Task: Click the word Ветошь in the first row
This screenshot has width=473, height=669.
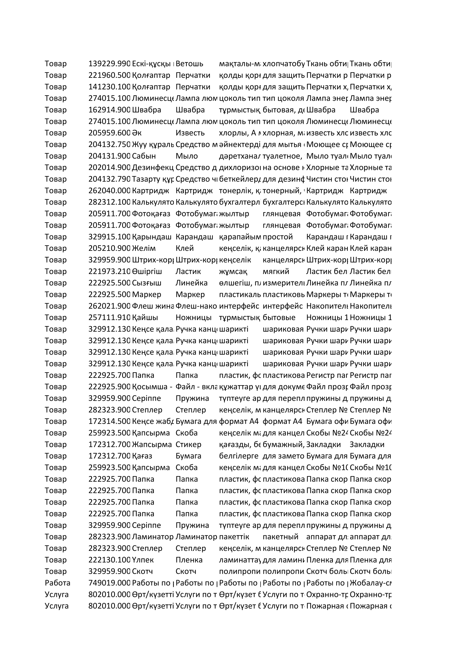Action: (x=189, y=64)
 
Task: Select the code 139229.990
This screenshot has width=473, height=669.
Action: (x=109, y=64)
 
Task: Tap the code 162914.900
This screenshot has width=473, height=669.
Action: (x=109, y=110)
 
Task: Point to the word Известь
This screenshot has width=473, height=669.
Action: (x=190, y=133)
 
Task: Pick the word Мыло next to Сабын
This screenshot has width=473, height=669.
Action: (x=186, y=156)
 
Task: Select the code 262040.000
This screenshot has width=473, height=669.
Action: (x=109, y=190)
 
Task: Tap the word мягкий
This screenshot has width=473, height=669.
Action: (x=276, y=271)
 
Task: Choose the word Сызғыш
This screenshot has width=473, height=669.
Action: (x=146, y=283)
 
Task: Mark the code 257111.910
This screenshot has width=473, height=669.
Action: (x=109, y=317)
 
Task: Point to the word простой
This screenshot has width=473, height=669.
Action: (x=278, y=237)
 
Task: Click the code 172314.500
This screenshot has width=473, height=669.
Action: (x=109, y=422)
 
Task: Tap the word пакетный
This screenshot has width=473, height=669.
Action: (x=281, y=537)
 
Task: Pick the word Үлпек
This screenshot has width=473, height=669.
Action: (x=143, y=560)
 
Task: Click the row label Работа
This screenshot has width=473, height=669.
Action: (x=57, y=583)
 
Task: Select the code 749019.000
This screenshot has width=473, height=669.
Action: (x=109, y=583)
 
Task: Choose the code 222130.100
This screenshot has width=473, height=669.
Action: (x=109, y=560)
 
